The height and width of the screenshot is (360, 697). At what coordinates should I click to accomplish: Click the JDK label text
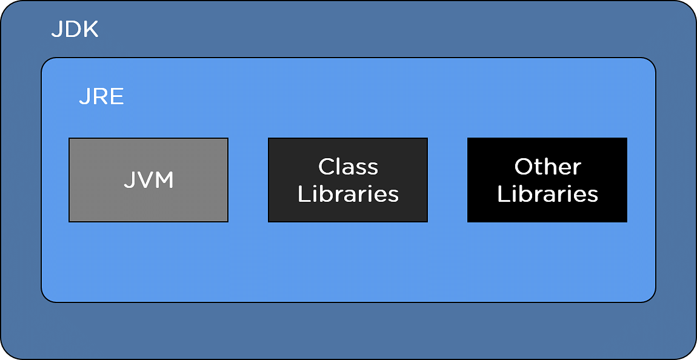[x=75, y=30]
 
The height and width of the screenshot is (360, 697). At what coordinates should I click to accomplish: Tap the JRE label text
[x=101, y=96]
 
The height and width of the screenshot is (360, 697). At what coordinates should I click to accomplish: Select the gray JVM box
[x=148, y=180]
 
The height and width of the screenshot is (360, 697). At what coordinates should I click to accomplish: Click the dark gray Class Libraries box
[x=348, y=180]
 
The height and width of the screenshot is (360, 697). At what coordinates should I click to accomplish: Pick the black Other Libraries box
[x=547, y=180]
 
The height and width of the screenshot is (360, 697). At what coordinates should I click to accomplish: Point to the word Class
[x=348, y=167]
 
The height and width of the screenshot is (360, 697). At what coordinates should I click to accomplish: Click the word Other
[x=548, y=167]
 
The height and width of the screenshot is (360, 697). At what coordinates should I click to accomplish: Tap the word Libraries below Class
[x=348, y=194]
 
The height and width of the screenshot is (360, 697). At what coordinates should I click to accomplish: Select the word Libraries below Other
[x=548, y=194]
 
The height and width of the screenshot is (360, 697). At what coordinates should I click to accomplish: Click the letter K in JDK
[x=90, y=30]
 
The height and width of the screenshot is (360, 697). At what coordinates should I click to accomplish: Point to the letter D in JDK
[x=72, y=30]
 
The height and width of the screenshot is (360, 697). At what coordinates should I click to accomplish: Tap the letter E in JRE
[x=117, y=96]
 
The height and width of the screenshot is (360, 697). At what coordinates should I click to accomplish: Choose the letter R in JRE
[x=99, y=96]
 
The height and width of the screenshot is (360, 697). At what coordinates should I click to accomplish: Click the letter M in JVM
[x=162, y=181]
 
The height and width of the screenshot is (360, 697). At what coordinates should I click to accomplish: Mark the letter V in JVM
[x=142, y=181]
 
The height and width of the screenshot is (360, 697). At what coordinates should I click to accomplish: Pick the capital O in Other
[x=524, y=167]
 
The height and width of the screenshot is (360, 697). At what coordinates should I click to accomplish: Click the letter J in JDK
[x=56, y=30]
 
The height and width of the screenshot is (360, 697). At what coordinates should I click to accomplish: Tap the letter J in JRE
[x=84, y=96]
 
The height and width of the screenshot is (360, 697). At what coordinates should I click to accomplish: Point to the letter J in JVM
[x=128, y=181]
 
